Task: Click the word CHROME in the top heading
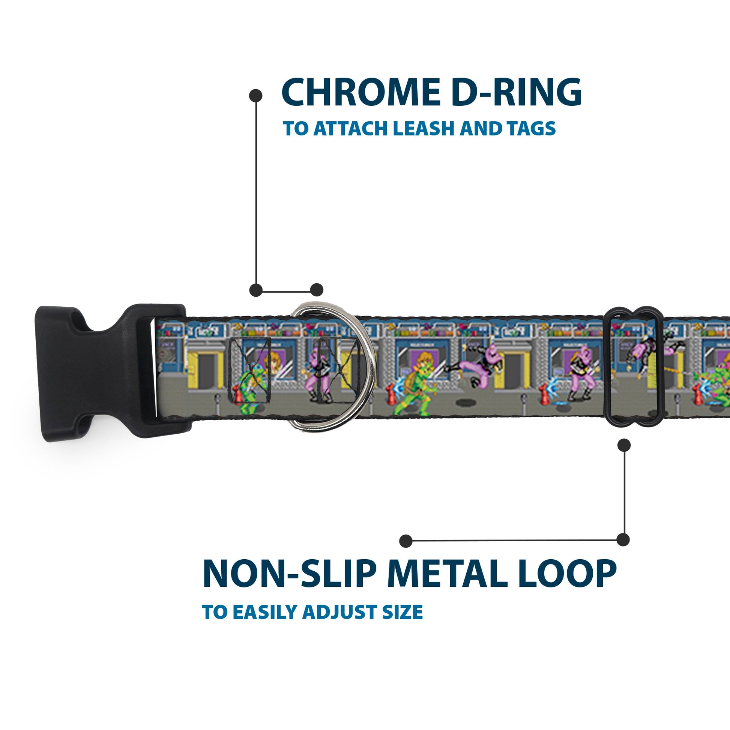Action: tap(357, 93)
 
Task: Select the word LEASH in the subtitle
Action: tap(422, 129)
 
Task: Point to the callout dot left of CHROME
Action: tap(256, 95)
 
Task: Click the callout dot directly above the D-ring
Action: tap(317, 290)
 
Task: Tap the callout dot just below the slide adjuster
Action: tap(624, 445)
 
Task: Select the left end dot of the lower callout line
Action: tap(406, 541)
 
